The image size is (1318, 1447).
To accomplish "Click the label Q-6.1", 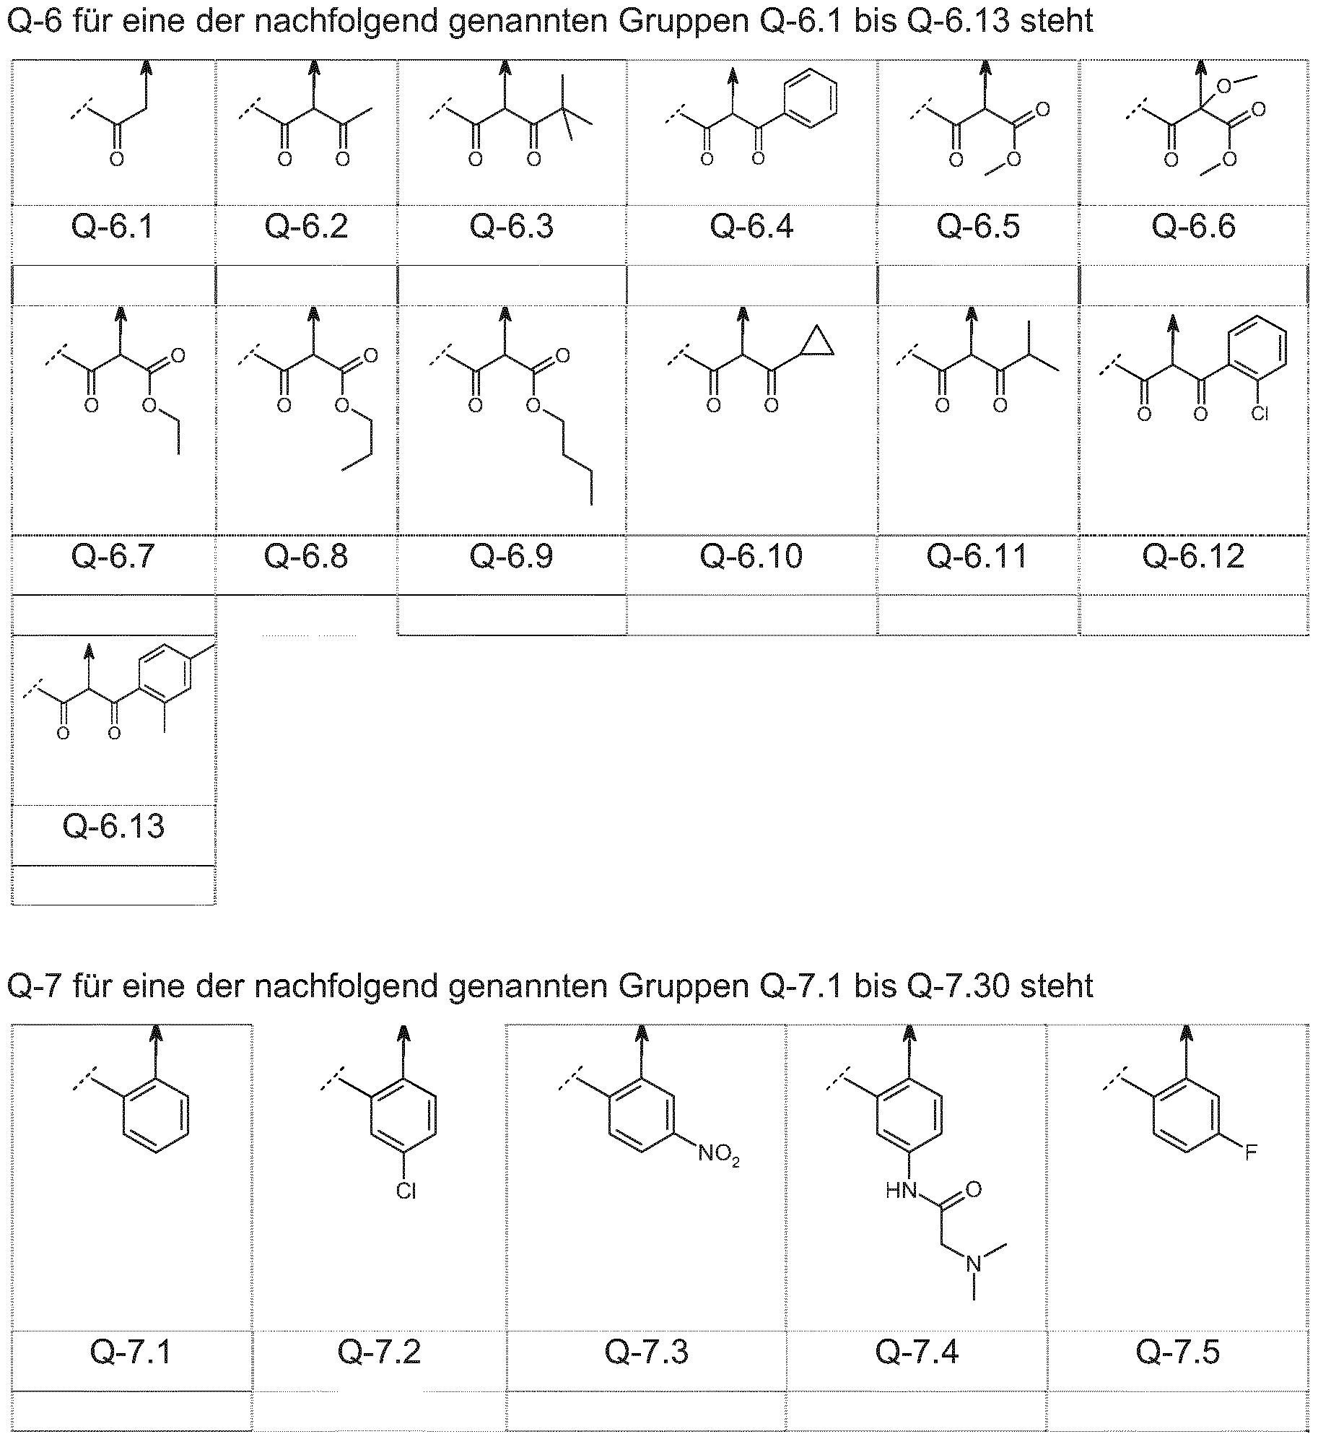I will pos(113,227).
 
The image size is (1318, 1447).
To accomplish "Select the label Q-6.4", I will pos(751,227).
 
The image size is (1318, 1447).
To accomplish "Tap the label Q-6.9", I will pos(511,556).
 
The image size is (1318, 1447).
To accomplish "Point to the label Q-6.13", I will pos(113,826).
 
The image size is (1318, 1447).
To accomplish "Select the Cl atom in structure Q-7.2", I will pos(406,1191).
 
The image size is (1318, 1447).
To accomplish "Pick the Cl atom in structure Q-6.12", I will pos(1260,414).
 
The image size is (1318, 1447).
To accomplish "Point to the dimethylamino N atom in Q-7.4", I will pos(974,1264).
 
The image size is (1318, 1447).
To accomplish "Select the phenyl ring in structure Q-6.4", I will pos(811,98).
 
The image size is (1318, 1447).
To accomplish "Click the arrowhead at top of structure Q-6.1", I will pos(147,67).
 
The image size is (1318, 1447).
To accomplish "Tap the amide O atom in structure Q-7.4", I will pos(974,1188).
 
